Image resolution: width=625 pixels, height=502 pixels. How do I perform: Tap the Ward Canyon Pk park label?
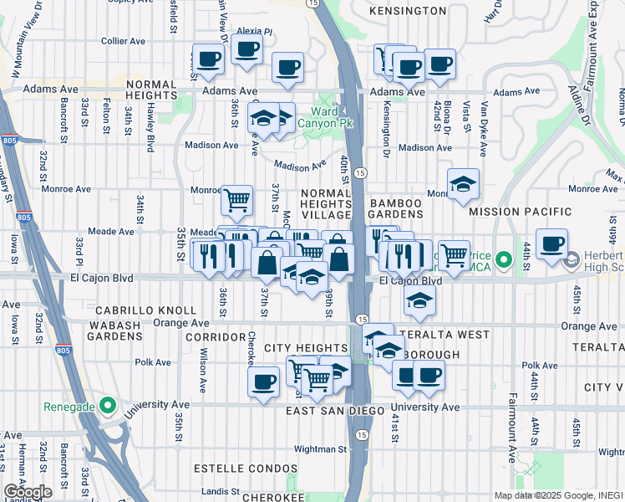pos(333,117)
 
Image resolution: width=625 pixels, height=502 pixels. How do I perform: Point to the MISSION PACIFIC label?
pos(521,213)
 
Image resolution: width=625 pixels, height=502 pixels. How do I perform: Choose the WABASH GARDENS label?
pos(102,330)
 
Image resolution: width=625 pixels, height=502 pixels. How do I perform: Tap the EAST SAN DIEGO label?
pos(334,411)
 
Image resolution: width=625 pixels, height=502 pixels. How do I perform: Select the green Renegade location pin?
pos(107,407)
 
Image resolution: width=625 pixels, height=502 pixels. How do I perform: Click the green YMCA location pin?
pos(503,260)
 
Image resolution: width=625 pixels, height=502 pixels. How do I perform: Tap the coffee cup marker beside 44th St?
pos(551,243)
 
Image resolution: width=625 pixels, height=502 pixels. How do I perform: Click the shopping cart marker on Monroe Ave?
pos(237,200)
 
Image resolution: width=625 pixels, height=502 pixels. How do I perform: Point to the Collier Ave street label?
pos(124,40)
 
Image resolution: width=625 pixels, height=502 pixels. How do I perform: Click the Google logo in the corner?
pos(27,492)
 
